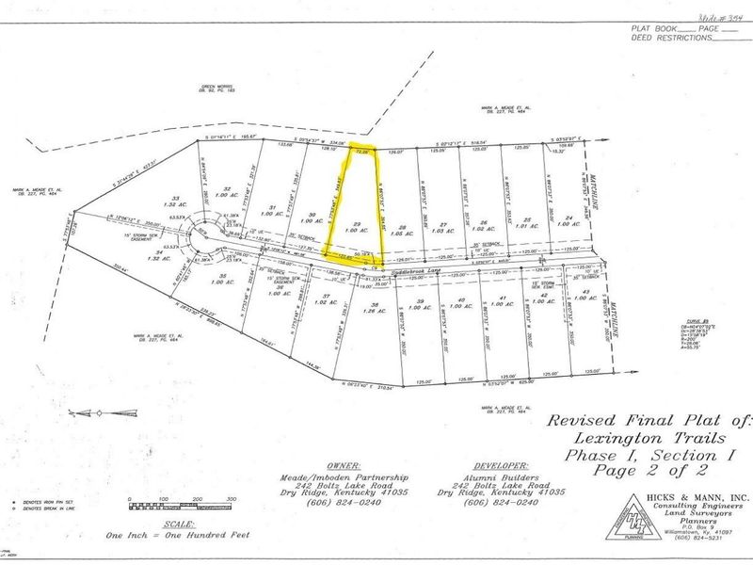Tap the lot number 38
(374, 306)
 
